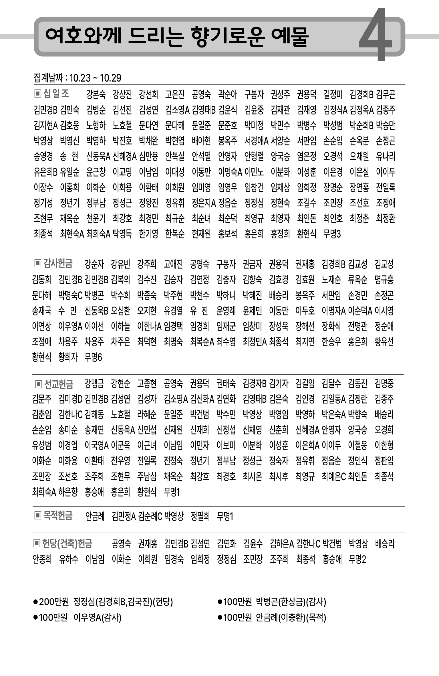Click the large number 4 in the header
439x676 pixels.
(x=376, y=36)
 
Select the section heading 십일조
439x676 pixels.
(x=56, y=93)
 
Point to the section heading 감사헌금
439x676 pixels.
(x=58, y=263)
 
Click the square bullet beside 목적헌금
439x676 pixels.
(x=37, y=515)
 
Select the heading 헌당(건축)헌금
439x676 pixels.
(x=67, y=543)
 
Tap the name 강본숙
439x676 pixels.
(x=96, y=94)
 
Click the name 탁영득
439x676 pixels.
(x=122, y=234)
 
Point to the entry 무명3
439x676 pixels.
(x=332, y=234)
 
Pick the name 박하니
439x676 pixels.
(x=226, y=295)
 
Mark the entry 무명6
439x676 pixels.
(x=93, y=357)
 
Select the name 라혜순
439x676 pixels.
(x=147, y=414)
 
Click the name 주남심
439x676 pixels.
(x=147, y=476)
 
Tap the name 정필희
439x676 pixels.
(x=200, y=516)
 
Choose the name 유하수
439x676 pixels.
(x=68, y=559)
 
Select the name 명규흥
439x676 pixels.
(x=384, y=279)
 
